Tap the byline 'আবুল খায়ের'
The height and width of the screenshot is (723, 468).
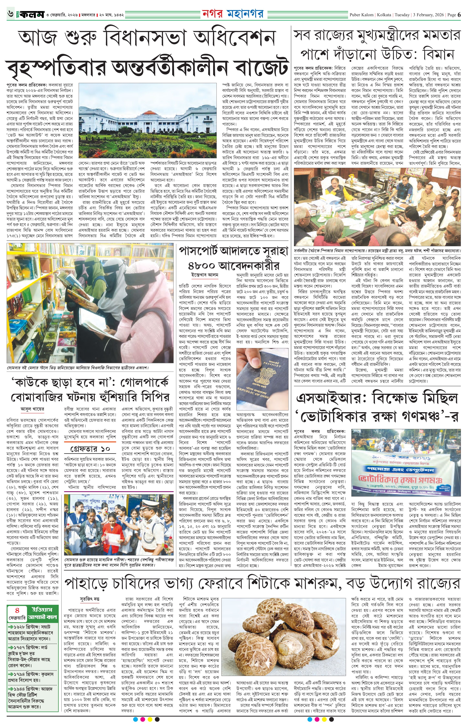(x=33, y=409)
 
